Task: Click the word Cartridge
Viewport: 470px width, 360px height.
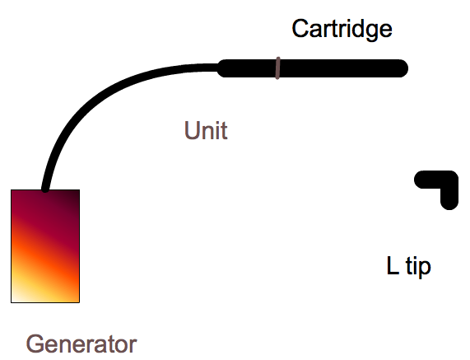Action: pyautogui.click(x=342, y=29)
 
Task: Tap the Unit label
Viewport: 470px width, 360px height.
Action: pyautogui.click(x=206, y=130)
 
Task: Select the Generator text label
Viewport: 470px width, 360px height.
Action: pyautogui.click(x=81, y=344)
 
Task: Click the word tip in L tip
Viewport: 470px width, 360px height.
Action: pyautogui.click(x=418, y=266)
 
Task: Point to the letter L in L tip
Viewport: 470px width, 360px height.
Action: pyautogui.click(x=393, y=265)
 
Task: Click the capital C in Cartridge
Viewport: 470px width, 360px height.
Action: pyautogui.click(x=300, y=29)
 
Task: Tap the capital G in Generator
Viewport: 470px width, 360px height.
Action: pyautogui.click(x=35, y=344)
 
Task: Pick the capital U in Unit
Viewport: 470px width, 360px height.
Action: pyautogui.click(x=192, y=130)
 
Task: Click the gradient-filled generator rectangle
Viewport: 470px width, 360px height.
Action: pyautogui.click(x=45, y=246)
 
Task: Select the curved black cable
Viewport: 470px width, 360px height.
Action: pyautogui.click(x=99, y=99)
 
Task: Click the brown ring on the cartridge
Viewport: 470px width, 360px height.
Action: pyautogui.click(x=278, y=68)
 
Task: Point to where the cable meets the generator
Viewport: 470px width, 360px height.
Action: pyautogui.click(x=45, y=189)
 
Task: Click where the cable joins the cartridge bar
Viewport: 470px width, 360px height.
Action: pyautogui.click(x=220, y=68)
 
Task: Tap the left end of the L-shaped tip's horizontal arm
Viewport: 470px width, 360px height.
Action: pyautogui.click(x=418, y=180)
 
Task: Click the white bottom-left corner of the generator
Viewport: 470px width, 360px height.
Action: pyautogui.click(x=12, y=302)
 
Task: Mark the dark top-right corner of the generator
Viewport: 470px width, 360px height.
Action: pyautogui.click(x=79, y=190)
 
